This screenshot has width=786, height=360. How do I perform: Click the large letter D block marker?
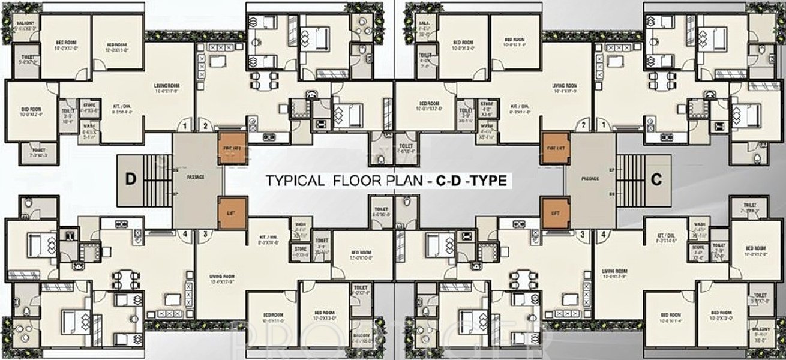pyautogui.click(x=130, y=178)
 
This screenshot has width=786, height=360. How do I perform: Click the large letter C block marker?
pyautogui.click(x=656, y=178)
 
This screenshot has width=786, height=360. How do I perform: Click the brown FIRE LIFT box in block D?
pyautogui.click(x=232, y=148)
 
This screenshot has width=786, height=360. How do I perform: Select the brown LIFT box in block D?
pyautogui.click(x=232, y=213)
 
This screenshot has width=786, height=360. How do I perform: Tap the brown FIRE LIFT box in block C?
pyautogui.click(x=554, y=148)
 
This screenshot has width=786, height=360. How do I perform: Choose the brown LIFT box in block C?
pyautogui.click(x=554, y=213)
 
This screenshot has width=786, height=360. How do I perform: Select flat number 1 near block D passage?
pyautogui.click(x=185, y=126)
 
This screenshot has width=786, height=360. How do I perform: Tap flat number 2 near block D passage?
pyautogui.click(x=205, y=126)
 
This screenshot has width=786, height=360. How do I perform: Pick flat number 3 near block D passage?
pyautogui.click(x=205, y=234)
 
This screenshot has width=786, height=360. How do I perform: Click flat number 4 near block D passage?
pyautogui.click(x=185, y=234)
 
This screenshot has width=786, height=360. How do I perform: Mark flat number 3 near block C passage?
pyautogui.click(x=581, y=234)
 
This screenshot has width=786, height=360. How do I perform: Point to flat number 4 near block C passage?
pyautogui.click(x=602, y=234)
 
